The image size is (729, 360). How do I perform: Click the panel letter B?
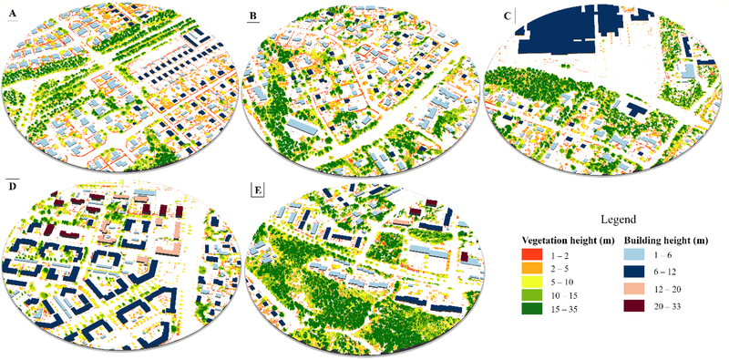(252, 15)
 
